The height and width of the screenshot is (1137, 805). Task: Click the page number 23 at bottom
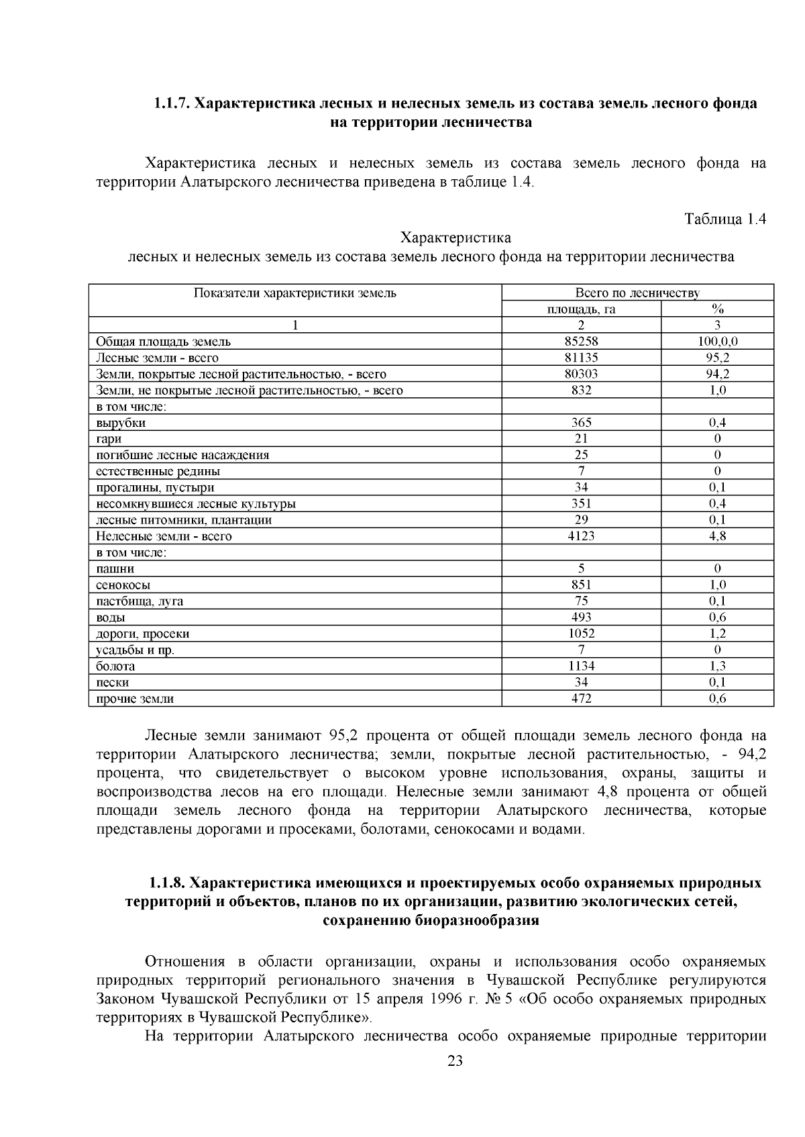tap(455, 1061)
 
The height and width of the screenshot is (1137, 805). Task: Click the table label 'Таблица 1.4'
tap(724, 219)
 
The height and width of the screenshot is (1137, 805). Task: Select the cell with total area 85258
tap(581, 341)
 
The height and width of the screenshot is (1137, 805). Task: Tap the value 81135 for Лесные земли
tap(581, 358)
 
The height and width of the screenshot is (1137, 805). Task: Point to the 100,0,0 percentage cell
tap(717, 341)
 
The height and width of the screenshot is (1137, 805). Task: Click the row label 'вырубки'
tap(121, 423)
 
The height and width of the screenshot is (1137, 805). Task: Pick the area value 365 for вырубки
tap(581, 423)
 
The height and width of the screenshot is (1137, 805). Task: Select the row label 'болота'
tap(115, 666)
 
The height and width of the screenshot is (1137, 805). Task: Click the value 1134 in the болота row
tap(581, 666)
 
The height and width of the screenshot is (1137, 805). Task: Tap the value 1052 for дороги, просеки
tap(581, 634)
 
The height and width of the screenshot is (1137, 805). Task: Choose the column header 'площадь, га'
tap(581, 309)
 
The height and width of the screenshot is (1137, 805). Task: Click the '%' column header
tap(717, 309)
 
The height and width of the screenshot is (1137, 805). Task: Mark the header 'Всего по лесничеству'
tap(637, 293)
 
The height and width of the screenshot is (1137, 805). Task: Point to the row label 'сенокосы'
tap(123, 585)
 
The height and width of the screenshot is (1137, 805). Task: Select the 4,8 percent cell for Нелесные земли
tap(717, 536)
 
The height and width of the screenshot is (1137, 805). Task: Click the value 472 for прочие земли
tap(581, 699)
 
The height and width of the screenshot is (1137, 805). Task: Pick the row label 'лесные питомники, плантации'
tap(183, 520)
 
